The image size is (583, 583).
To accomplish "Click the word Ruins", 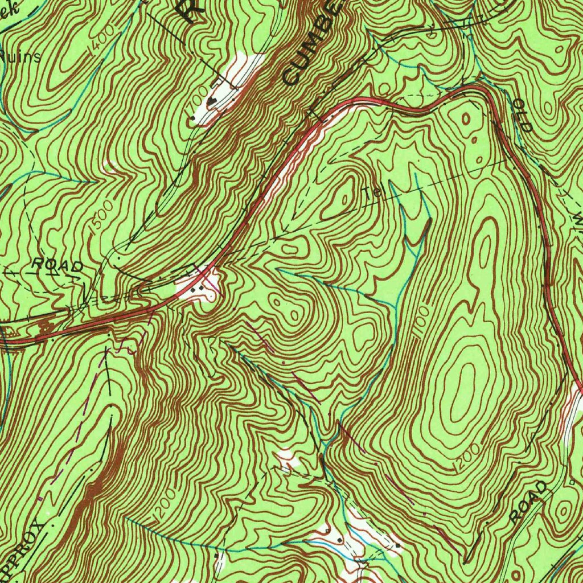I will pyautogui.click(x=22, y=57).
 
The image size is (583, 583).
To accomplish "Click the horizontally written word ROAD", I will pyautogui.click(x=57, y=265).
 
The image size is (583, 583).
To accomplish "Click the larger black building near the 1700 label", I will pyautogui.click(x=213, y=101).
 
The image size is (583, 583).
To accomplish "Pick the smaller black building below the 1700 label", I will pyautogui.click(x=195, y=120).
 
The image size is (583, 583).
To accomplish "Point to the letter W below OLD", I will pyautogui.click(x=577, y=219).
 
